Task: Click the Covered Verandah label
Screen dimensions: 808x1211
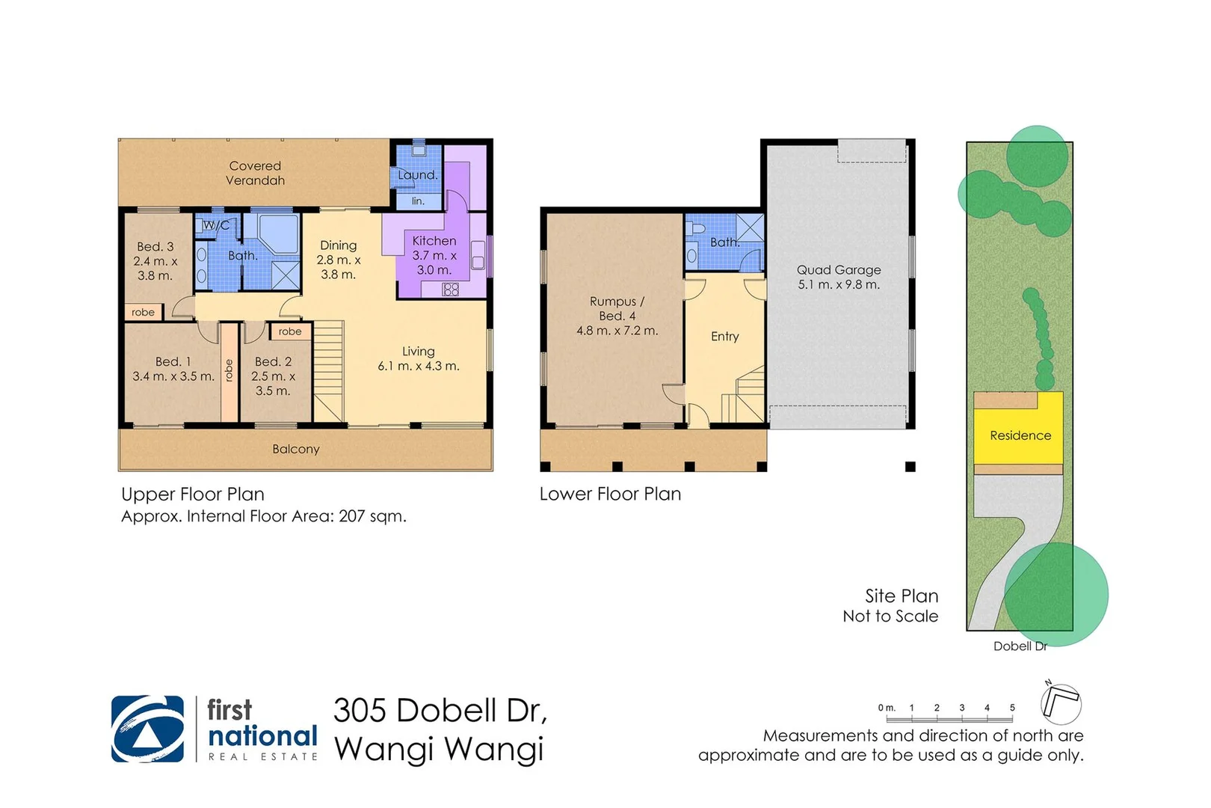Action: point(255,173)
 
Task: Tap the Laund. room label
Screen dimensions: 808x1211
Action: point(417,175)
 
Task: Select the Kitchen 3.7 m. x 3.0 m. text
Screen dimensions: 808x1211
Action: point(434,255)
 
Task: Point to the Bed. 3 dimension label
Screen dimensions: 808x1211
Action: point(155,260)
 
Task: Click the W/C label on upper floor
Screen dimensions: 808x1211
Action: point(217,225)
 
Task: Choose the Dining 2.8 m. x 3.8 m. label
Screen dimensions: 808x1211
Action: point(338,260)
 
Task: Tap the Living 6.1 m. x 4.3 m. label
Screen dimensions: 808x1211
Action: point(418,358)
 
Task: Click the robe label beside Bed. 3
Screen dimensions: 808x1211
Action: point(143,312)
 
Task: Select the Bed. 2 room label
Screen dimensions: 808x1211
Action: point(273,376)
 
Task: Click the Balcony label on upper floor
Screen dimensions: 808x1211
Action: point(295,449)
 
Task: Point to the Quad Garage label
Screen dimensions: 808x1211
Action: point(838,277)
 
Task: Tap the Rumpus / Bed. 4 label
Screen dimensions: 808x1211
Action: point(617,316)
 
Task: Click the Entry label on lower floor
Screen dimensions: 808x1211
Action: point(724,337)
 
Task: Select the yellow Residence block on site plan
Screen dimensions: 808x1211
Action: point(1020,435)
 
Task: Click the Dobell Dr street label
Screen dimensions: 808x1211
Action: point(1020,646)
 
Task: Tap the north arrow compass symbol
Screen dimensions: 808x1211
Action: point(1061,703)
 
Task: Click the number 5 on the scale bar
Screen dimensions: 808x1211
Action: point(1012,708)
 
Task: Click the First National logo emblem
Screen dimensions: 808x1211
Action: point(147,729)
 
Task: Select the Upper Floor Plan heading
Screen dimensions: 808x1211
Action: point(193,495)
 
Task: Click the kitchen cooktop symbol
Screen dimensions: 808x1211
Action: point(450,290)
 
